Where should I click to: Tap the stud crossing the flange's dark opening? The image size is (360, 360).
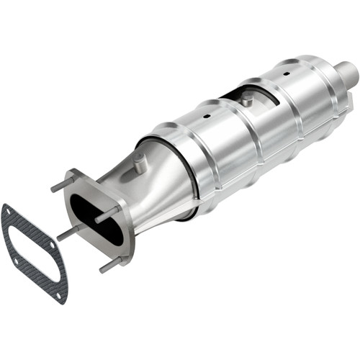[107, 214]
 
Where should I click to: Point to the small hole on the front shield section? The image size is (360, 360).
[207, 114]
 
